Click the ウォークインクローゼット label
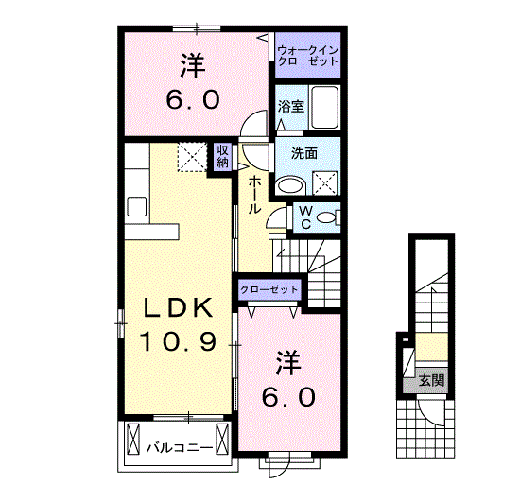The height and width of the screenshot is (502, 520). pyautogui.click(x=306, y=55)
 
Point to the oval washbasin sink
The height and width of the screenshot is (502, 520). pyautogui.click(x=288, y=183)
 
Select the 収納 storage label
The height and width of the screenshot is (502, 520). pyautogui.click(x=222, y=156)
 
